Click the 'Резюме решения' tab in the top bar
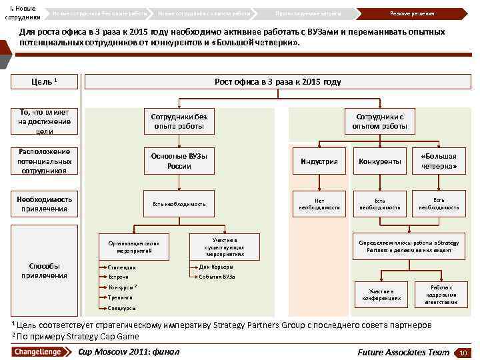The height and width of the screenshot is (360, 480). click(x=411, y=13)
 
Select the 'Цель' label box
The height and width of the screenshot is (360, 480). click(x=44, y=81)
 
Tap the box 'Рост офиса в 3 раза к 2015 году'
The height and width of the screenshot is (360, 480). click(x=277, y=81)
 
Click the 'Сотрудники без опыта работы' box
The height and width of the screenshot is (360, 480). click(x=179, y=121)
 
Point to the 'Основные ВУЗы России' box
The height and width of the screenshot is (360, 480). click(x=179, y=161)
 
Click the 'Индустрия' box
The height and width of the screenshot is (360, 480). click(x=319, y=161)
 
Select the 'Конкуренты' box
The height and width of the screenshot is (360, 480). click(x=379, y=161)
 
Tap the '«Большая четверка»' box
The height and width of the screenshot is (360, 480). click(x=439, y=161)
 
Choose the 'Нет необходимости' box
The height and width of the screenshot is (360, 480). click(x=319, y=203)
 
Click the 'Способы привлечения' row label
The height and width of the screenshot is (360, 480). click(x=44, y=271)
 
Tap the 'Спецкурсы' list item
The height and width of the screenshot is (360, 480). click(x=122, y=309)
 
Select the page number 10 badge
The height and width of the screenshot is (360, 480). click(x=461, y=352)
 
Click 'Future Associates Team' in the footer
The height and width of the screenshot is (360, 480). click(x=403, y=351)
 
